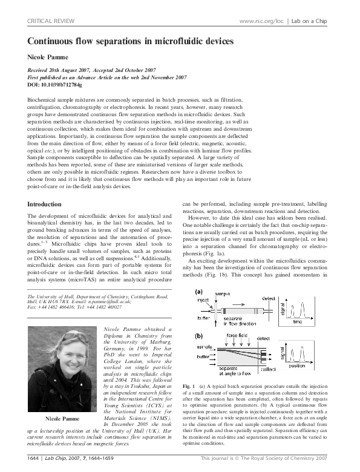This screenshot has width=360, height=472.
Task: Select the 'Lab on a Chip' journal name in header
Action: (310, 21)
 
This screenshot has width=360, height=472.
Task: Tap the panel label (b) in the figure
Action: (198, 334)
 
